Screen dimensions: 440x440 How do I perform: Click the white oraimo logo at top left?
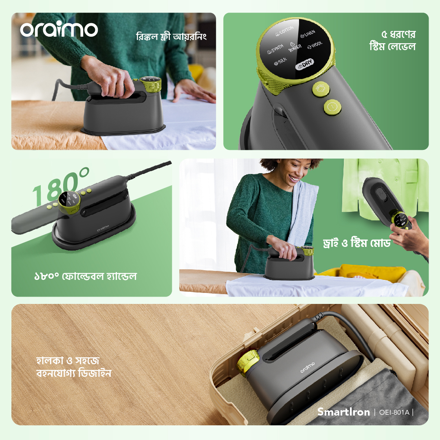click(59, 29)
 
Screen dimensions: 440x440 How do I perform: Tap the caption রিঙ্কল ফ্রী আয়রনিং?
click(171, 37)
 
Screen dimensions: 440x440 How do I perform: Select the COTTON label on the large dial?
click(284, 31)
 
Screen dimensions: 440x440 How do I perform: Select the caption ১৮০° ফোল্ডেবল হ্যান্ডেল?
click(85, 277)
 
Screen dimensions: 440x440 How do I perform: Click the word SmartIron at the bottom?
click(343, 412)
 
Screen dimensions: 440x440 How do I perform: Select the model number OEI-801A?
click(394, 412)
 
